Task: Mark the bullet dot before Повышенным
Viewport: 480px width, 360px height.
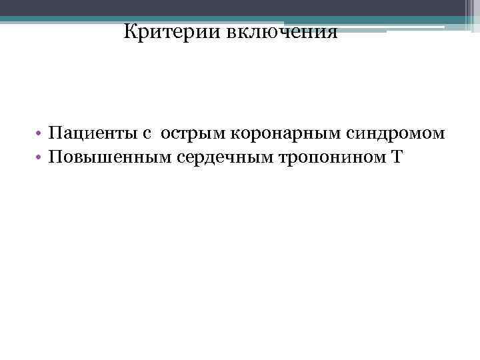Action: (x=41, y=159)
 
